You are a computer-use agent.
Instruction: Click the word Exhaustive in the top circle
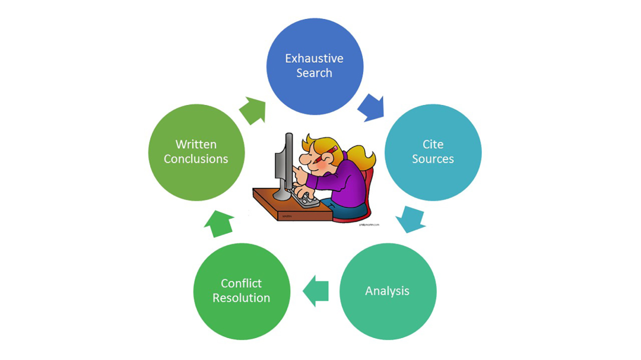(314, 59)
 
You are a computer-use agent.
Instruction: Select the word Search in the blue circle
(314, 74)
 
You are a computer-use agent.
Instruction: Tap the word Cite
(433, 145)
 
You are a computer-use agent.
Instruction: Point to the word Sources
(433, 159)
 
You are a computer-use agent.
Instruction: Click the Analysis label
(387, 291)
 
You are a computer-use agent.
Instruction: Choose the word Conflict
(241, 283)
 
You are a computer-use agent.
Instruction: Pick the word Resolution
(241, 298)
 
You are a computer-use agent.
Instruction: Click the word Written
(196, 145)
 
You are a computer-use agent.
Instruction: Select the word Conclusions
(196, 159)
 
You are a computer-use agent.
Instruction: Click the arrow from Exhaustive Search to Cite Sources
(372, 107)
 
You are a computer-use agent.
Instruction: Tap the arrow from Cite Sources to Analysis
(410, 218)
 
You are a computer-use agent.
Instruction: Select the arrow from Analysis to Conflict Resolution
(316, 291)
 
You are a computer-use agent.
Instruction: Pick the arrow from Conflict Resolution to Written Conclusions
(219, 224)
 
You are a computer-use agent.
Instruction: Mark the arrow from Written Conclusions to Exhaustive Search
(252, 110)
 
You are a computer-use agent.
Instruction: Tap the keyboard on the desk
(306, 200)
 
